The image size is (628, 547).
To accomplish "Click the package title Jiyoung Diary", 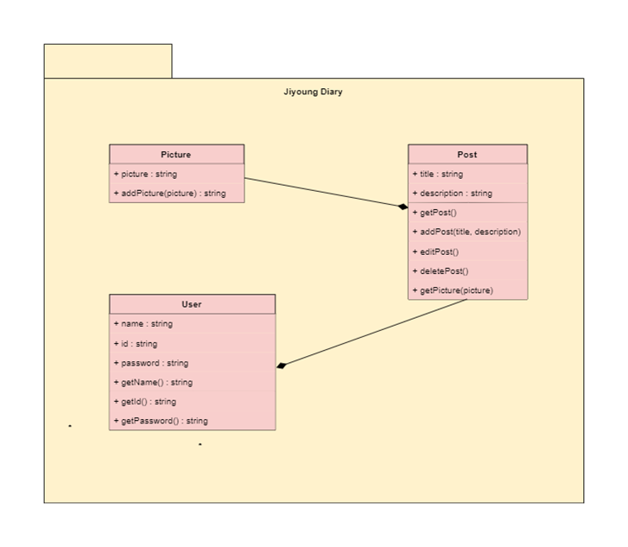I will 313,92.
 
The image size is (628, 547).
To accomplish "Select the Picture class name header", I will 176,155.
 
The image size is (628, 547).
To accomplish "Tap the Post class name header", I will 467,155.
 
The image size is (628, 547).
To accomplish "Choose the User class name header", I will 192,304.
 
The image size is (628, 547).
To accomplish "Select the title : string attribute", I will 441,175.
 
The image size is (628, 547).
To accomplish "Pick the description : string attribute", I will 455,194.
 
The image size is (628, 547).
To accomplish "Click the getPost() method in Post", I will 438,213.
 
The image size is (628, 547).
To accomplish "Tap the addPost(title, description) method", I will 470,232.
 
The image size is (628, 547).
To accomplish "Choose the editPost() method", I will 439,251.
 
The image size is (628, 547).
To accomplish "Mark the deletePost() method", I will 444,271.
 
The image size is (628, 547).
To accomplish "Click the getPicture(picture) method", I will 456,290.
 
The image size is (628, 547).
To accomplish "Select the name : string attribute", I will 146,324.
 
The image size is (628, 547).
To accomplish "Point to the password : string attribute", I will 154,363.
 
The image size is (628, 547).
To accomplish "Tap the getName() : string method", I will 156,382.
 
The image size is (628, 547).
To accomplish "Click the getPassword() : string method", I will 164,421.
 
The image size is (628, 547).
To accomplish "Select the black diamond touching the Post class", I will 402,207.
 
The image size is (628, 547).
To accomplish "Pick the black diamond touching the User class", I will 282,366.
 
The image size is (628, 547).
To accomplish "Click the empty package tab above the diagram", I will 108,60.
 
